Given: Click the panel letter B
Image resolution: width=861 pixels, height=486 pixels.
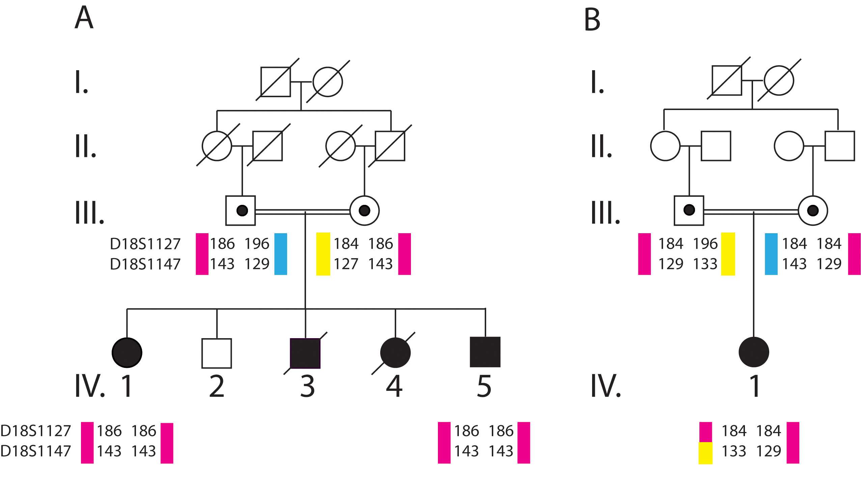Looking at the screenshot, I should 592,20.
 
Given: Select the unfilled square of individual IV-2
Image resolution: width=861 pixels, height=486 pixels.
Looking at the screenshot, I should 217,353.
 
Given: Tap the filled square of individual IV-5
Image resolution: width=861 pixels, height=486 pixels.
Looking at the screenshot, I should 485,352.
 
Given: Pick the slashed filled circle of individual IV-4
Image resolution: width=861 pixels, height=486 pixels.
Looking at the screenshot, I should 395,353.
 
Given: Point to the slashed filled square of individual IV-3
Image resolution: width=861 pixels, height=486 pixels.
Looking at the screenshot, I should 305,353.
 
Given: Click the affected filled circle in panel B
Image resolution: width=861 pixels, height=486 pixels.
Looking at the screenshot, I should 754,352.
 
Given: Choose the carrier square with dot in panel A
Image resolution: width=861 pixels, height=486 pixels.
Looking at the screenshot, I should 241,211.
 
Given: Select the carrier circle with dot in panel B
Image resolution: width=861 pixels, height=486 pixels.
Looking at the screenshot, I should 813,211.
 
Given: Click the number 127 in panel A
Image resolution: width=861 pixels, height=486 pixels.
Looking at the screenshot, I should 346,264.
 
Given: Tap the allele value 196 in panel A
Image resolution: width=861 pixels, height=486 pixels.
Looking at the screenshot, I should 257,244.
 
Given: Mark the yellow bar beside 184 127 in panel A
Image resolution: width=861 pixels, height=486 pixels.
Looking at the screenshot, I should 323,254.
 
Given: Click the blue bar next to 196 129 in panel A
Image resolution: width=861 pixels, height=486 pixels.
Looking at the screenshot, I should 280,254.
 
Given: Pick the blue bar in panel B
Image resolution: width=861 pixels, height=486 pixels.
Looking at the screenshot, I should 771,254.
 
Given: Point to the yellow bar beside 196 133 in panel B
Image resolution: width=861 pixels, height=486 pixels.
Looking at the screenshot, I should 728,254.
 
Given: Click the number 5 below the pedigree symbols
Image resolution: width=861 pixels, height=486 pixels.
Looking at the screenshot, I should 484,386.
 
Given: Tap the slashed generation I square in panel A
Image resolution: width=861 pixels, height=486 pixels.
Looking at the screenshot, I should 276,82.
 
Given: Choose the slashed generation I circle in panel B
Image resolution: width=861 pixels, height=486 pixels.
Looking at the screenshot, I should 779,81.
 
